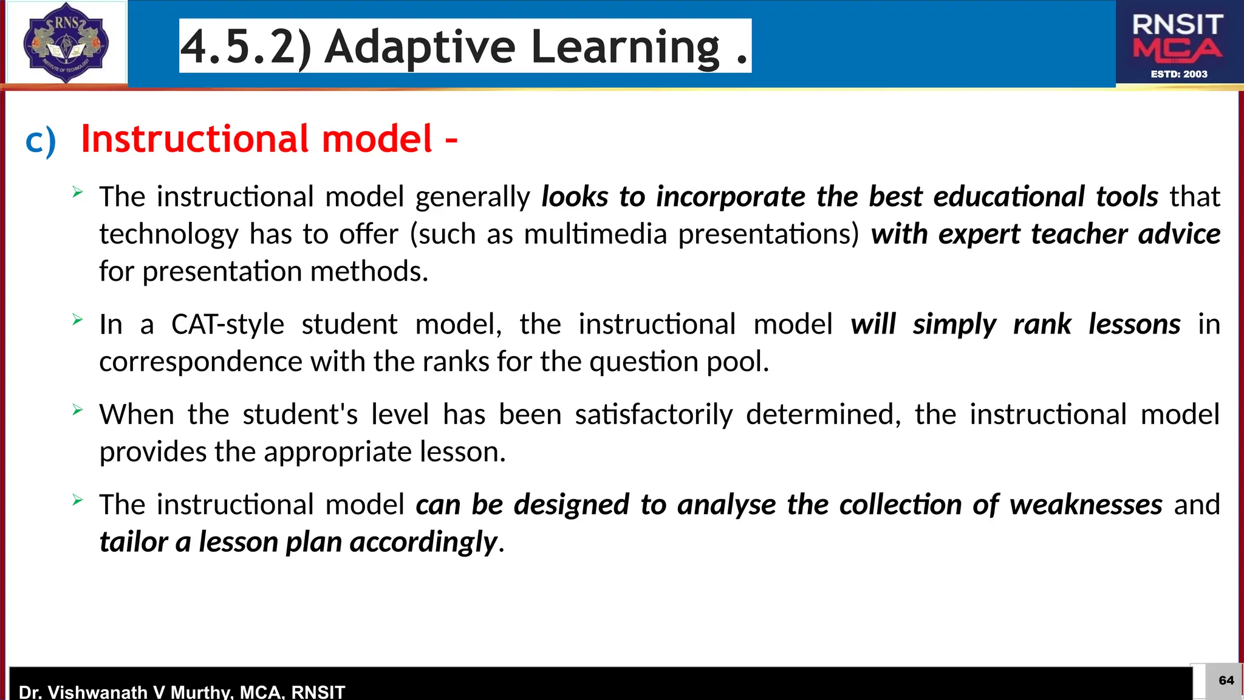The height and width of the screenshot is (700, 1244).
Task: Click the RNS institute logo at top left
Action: tap(66, 43)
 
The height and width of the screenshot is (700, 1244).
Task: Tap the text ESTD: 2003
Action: tap(1179, 74)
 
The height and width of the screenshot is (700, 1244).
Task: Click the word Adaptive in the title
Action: tap(420, 47)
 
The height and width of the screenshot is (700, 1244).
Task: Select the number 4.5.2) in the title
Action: tap(246, 47)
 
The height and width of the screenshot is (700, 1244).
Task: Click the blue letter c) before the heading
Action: tap(41, 141)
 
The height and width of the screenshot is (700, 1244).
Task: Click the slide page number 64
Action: tap(1226, 681)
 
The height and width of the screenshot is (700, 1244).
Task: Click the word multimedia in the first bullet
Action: tap(595, 234)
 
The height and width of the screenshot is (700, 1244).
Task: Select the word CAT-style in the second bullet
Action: tap(228, 324)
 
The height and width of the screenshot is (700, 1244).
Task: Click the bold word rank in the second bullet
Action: tap(1042, 324)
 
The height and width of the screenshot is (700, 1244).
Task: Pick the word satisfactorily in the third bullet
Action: tap(654, 415)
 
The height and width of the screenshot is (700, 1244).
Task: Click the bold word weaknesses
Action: tap(1085, 505)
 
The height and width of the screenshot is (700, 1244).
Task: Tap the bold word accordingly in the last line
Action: tap(423, 542)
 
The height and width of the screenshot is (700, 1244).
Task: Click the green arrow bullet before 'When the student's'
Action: tap(77, 410)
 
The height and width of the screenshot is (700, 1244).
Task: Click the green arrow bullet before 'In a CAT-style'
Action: tap(77, 320)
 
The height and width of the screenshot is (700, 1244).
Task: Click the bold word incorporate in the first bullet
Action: tap(731, 197)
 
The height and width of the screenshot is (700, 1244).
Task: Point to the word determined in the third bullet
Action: tap(823, 415)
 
